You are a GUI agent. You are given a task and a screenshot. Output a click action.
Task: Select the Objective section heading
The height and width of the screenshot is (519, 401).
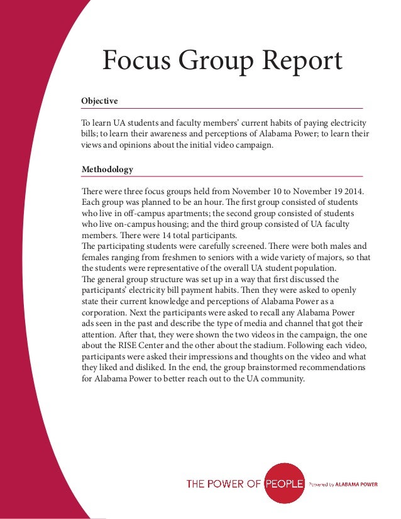99,101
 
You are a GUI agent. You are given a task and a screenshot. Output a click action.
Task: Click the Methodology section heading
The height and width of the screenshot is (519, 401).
107,170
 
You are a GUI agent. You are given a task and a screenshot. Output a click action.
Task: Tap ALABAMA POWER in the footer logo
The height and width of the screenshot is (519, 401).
355,484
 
